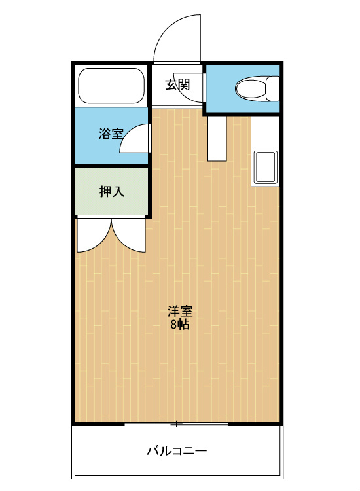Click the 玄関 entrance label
(x=177, y=84)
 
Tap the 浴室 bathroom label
(x=111, y=134)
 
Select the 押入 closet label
(x=112, y=191)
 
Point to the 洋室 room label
(x=180, y=311)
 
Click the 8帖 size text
(x=180, y=325)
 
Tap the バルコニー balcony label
(x=177, y=451)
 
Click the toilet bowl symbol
(x=251, y=88)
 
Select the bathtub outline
(x=111, y=86)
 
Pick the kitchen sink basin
(x=266, y=167)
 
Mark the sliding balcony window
(x=177, y=424)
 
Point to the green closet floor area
(x=111, y=191)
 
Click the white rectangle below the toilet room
(x=217, y=138)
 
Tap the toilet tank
(x=273, y=88)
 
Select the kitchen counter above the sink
(x=265, y=133)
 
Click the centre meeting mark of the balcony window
(x=177, y=424)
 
